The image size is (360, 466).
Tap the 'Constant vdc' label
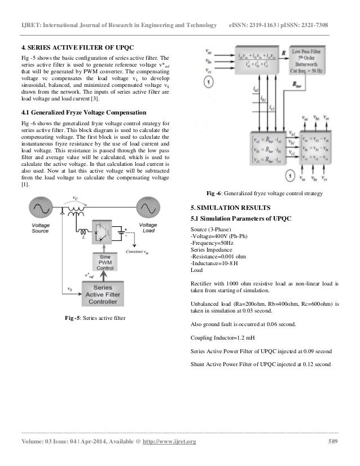tap(138, 252)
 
